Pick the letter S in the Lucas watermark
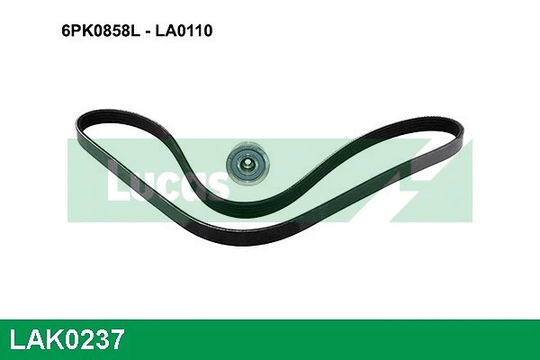[x=214, y=184]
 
